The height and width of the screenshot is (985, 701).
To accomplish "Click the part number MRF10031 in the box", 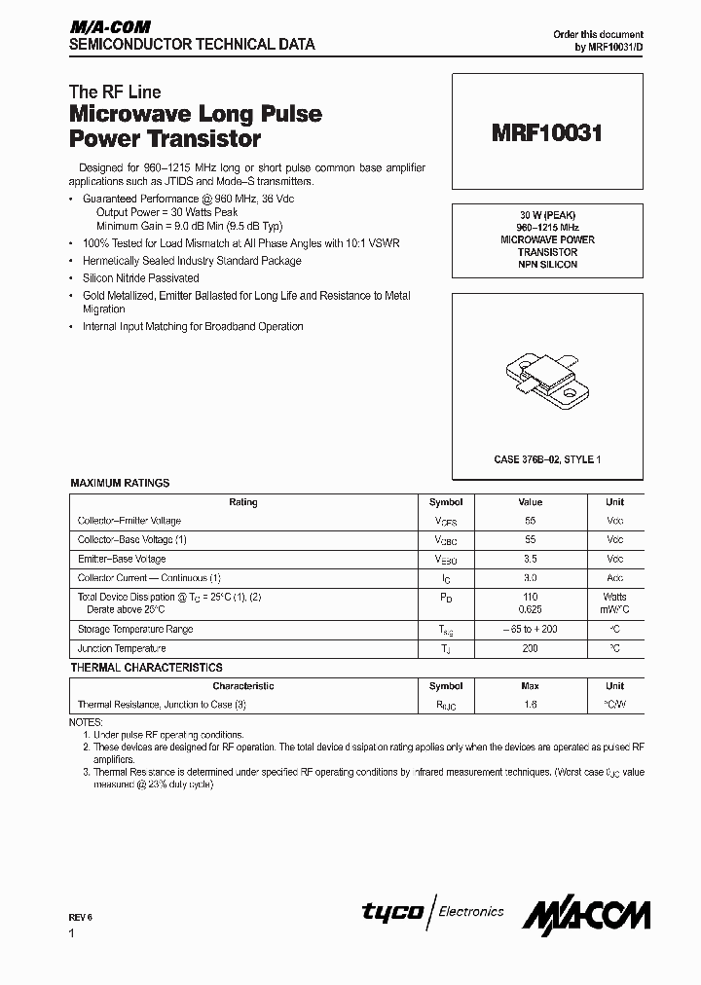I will (x=547, y=134).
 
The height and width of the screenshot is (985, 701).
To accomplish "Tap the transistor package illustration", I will (x=547, y=379).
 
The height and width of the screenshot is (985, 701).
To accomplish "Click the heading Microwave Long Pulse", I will (x=196, y=115).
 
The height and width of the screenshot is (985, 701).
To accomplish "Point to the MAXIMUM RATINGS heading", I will (x=120, y=483).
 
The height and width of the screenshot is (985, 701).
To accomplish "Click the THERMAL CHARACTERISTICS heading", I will (x=146, y=668).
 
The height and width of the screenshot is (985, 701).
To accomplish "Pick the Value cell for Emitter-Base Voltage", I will (x=530, y=559).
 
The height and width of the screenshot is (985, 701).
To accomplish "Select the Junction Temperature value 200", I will (x=530, y=648).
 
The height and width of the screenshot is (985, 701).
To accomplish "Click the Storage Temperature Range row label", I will (x=135, y=629).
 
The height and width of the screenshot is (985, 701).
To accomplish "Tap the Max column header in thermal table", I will (x=530, y=686).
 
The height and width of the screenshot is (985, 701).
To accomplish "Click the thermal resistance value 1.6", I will (x=530, y=705).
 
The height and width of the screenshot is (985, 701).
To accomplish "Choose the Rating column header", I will (x=242, y=502).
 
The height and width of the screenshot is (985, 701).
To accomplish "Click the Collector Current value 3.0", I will (x=530, y=578).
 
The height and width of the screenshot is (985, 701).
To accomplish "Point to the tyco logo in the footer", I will (x=392, y=912).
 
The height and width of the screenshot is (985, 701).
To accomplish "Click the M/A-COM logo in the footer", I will (x=586, y=914).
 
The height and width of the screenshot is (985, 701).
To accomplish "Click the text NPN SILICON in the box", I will (x=547, y=265).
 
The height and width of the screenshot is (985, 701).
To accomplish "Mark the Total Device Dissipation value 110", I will (x=530, y=597).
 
